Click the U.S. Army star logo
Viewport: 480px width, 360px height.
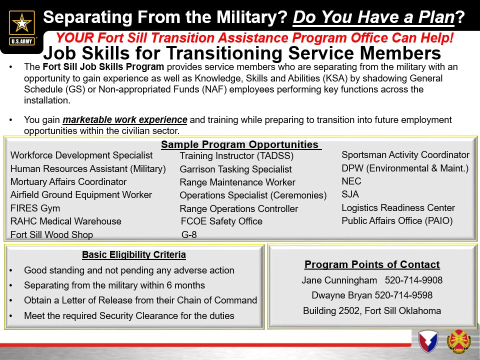[x=21, y=28]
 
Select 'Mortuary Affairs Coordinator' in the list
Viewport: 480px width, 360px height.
[x=68, y=182]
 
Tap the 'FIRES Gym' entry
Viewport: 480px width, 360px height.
[x=35, y=208]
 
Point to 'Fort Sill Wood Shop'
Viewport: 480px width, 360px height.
[x=51, y=235]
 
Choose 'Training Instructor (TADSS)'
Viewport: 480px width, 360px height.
[x=236, y=156]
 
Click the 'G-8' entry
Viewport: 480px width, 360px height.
[x=189, y=235]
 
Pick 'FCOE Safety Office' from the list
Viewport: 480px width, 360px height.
[x=221, y=221]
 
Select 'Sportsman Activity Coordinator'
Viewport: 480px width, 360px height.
[x=405, y=155]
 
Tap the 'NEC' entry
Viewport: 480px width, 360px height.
[x=351, y=181]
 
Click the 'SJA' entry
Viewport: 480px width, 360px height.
[x=350, y=194]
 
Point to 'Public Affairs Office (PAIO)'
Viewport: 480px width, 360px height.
[x=397, y=221]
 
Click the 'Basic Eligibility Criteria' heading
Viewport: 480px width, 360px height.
[x=134, y=254]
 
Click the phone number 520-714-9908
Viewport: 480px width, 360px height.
[x=413, y=280]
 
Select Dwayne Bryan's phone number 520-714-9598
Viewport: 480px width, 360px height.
[x=403, y=295]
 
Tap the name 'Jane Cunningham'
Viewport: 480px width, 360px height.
[x=339, y=280]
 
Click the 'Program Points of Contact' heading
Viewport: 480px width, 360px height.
[x=372, y=264]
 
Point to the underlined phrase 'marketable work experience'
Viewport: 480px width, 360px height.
[x=125, y=119]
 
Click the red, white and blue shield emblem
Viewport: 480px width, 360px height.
[x=428, y=341]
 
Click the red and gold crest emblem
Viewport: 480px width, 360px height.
[x=458, y=341]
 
